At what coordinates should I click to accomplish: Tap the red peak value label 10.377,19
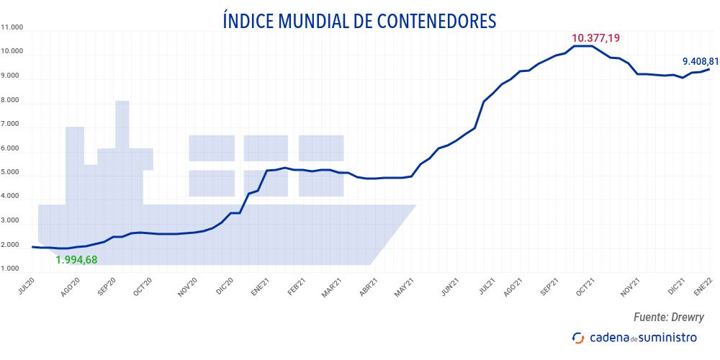click(x=596, y=37)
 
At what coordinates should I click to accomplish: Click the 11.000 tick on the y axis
click(x=13, y=28)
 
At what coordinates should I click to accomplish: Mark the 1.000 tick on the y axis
click(x=14, y=269)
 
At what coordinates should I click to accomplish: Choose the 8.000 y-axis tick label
click(x=14, y=100)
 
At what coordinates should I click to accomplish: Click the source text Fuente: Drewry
click(x=668, y=317)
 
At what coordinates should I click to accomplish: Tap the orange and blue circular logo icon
click(x=577, y=338)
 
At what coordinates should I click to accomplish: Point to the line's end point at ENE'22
click(x=710, y=69)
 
